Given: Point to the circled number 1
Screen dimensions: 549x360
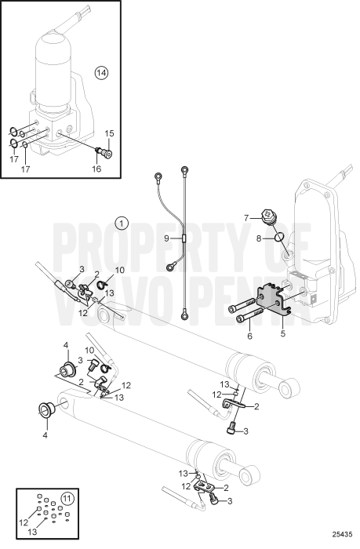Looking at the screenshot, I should (122, 223).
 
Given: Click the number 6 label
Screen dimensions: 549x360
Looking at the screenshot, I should (250, 336).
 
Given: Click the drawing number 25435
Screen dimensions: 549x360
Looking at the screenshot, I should (339, 540).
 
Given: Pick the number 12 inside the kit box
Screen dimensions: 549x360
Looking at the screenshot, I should (25, 521).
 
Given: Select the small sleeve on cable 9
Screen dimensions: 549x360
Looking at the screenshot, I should (182, 237).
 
